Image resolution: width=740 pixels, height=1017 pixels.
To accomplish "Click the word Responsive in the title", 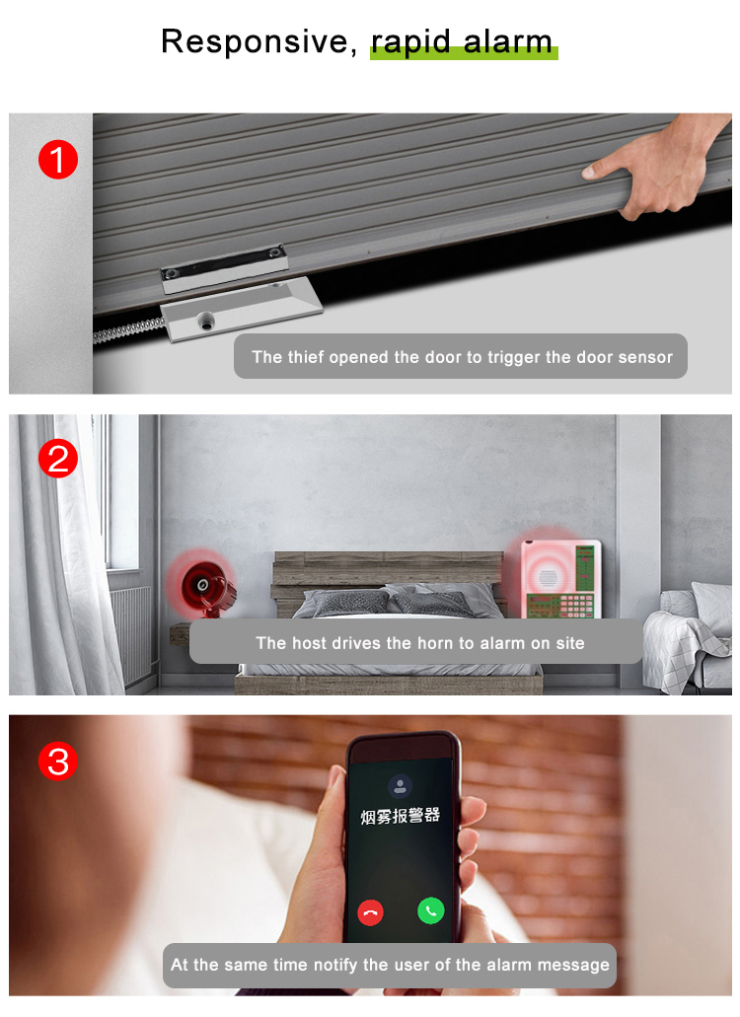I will click(x=255, y=41).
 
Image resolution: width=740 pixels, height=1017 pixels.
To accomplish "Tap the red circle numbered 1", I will click(x=58, y=160).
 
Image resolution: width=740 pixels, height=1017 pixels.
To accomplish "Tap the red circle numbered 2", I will click(x=58, y=460).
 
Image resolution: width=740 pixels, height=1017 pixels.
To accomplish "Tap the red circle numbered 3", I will click(x=58, y=762).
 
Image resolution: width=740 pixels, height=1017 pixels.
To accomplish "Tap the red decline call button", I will click(x=371, y=911).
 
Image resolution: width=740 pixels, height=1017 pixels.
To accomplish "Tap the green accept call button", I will click(x=430, y=910).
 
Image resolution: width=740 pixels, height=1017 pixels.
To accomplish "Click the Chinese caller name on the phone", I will click(x=400, y=817).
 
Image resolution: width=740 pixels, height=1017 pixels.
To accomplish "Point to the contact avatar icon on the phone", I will click(x=400, y=785).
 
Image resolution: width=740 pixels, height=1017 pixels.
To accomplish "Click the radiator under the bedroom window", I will click(x=130, y=631).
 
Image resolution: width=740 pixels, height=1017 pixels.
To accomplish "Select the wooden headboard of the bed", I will click(x=388, y=569).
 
